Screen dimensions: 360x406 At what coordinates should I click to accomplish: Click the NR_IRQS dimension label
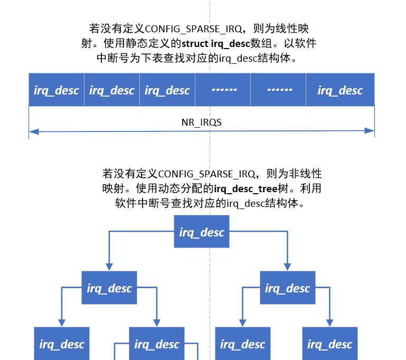[201, 122]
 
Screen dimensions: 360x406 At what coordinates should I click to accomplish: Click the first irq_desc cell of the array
[56, 90]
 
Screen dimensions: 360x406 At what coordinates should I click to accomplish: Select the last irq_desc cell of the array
[340, 90]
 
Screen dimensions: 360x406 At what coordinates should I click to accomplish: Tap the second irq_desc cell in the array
[112, 90]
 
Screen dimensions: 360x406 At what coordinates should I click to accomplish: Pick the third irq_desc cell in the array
[167, 90]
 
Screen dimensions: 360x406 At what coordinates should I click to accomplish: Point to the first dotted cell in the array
[223, 90]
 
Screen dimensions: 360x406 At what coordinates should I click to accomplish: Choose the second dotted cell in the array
[279, 90]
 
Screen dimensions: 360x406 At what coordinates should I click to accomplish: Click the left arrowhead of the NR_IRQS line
[33, 131]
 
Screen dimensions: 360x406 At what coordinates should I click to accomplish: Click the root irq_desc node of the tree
[202, 232]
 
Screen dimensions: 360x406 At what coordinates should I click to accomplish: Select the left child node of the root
[109, 288]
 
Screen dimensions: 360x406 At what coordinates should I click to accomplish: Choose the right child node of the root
[288, 288]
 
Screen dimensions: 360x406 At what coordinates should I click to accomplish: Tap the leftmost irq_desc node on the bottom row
[62, 344]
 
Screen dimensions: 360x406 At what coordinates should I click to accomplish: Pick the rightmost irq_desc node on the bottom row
[330, 344]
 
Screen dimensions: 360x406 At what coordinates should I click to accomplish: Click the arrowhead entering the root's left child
[109, 267]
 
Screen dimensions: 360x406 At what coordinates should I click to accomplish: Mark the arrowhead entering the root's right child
[288, 267]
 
